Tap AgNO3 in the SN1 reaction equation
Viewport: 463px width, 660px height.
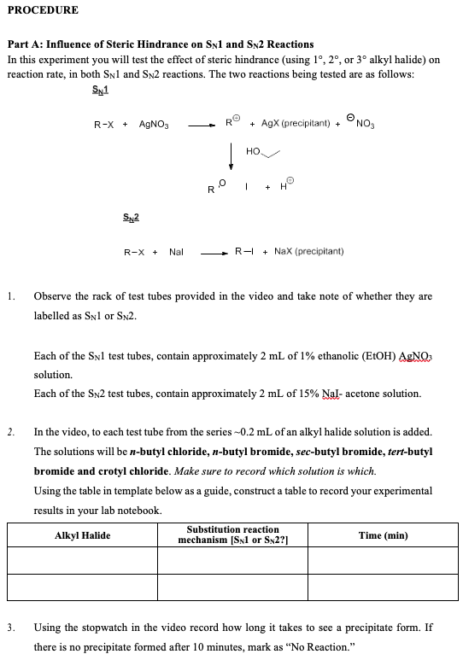coord(155,126)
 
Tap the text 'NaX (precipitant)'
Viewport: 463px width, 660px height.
coord(308,252)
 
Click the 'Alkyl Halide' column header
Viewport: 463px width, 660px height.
coord(82,535)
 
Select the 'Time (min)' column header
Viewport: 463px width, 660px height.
coord(384,535)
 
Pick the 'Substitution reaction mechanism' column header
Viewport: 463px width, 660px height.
coord(232,535)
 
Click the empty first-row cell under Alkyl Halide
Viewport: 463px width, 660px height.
coord(82,560)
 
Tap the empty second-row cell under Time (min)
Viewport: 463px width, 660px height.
coord(384,587)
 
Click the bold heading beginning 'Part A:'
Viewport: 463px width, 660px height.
coord(160,44)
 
